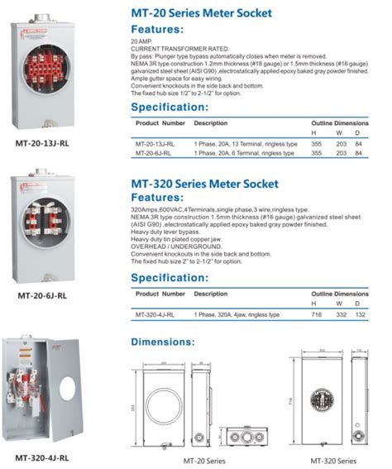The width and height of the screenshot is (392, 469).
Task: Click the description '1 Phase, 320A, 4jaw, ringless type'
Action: coord(237,314)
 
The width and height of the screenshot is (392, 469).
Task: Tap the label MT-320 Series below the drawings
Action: coord(333,460)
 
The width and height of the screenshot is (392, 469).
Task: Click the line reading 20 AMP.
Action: coord(142,40)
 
